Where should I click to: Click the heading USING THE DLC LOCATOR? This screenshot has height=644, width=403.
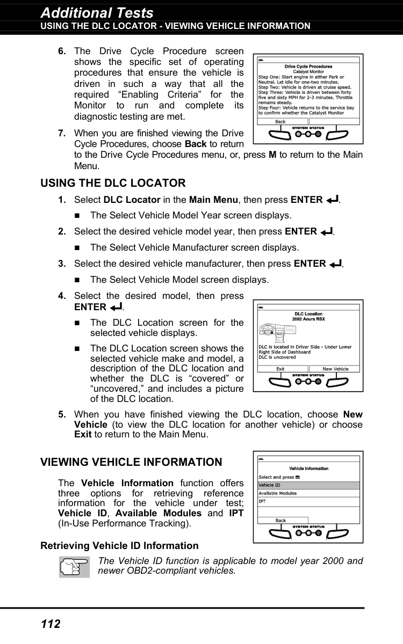point(113,183)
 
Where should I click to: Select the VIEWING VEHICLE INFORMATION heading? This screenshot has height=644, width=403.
point(131,462)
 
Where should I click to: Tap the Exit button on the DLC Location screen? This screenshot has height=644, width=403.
point(280,369)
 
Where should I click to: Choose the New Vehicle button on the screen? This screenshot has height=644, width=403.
point(335,369)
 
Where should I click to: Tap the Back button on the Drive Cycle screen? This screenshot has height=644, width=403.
point(281,122)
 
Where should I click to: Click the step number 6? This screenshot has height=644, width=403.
point(62,52)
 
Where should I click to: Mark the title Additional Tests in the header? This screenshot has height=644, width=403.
point(97,13)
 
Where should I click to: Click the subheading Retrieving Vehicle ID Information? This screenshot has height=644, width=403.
point(119,546)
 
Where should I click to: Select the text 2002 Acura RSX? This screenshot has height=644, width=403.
point(308,319)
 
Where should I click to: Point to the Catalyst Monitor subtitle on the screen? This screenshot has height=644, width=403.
point(308,71)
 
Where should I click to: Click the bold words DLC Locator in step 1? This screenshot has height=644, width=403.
point(131,200)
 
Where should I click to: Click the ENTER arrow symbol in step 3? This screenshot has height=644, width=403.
point(336,264)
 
